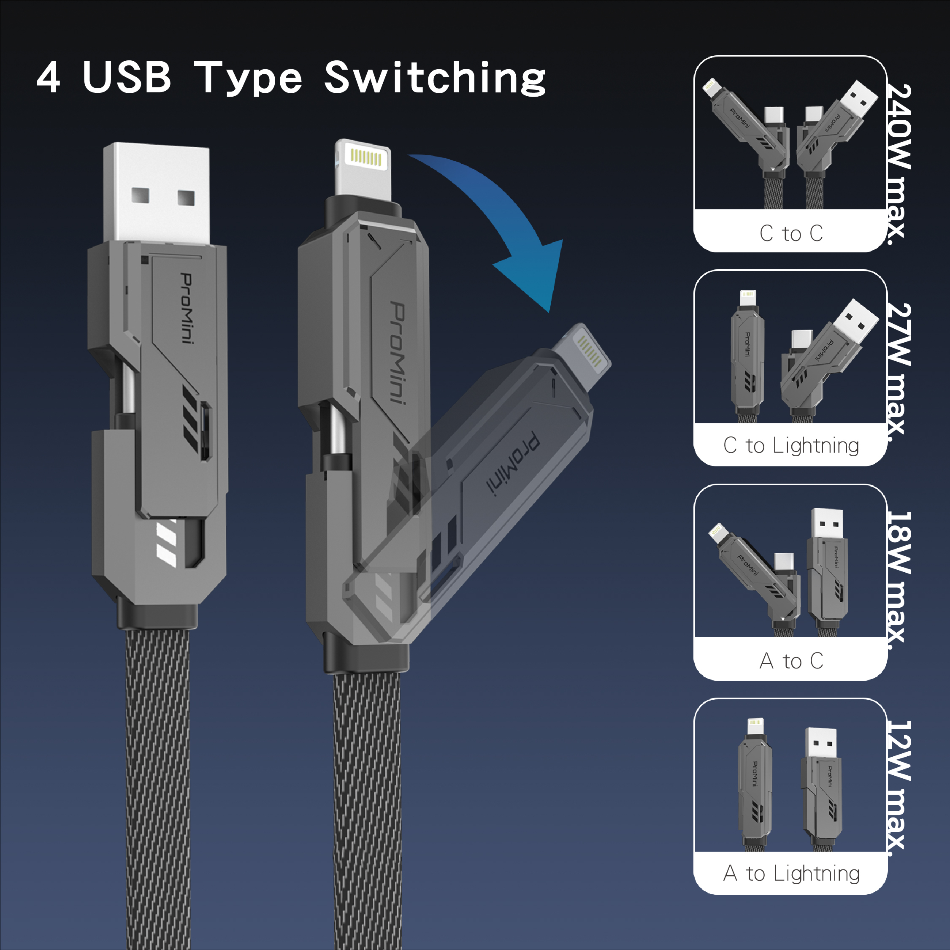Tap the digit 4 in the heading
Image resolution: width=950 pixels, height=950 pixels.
49,78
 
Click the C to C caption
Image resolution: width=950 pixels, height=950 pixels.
791,233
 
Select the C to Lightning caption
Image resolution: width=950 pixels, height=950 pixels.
791,446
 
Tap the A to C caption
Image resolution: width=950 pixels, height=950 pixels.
791,661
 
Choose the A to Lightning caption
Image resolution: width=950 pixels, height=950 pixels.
791,873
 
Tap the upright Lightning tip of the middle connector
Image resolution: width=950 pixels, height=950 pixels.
363,170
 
